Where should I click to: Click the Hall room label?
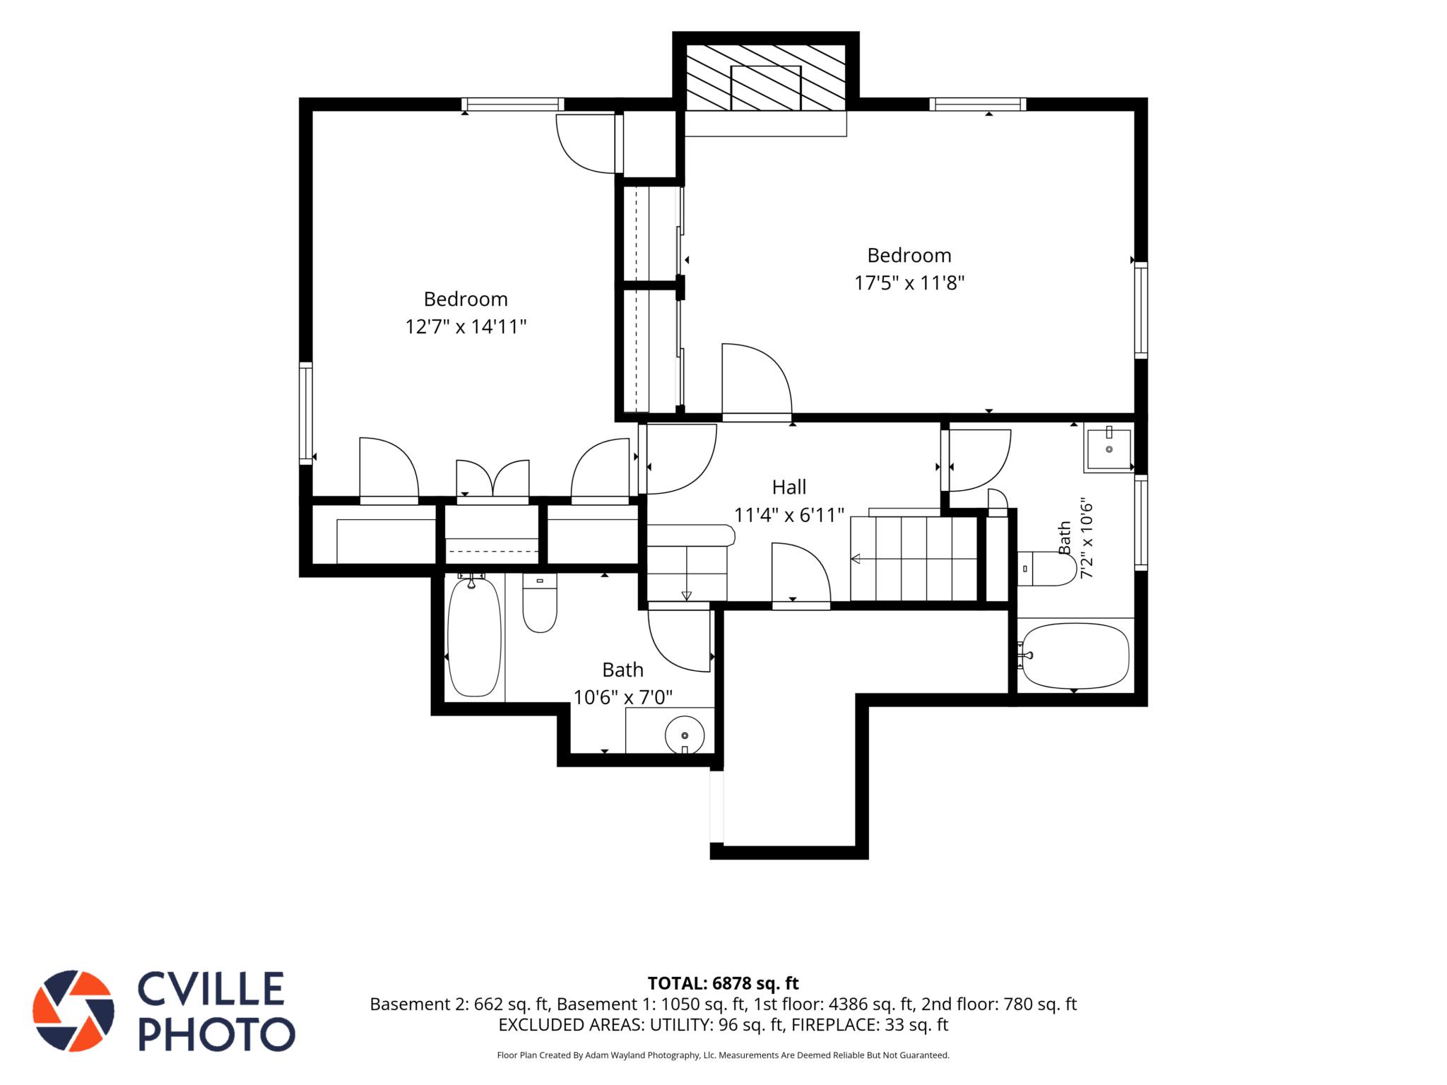(x=789, y=487)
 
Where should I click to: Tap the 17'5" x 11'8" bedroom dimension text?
(x=909, y=283)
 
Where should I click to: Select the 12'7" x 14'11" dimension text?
(x=466, y=326)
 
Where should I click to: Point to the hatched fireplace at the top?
(x=766, y=78)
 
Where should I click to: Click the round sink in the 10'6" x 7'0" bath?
(x=685, y=735)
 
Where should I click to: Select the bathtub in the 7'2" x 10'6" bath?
(x=1075, y=656)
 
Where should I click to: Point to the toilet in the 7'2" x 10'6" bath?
(x=1047, y=569)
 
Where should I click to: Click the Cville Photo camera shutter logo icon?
(x=73, y=1010)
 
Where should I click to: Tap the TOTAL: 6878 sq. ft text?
(x=723, y=983)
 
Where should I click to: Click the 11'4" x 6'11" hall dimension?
(x=789, y=515)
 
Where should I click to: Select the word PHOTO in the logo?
(x=216, y=1034)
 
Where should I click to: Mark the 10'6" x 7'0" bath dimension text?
(x=622, y=697)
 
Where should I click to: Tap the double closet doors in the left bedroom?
(x=492, y=480)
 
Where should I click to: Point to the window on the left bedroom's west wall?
(x=306, y=413)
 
